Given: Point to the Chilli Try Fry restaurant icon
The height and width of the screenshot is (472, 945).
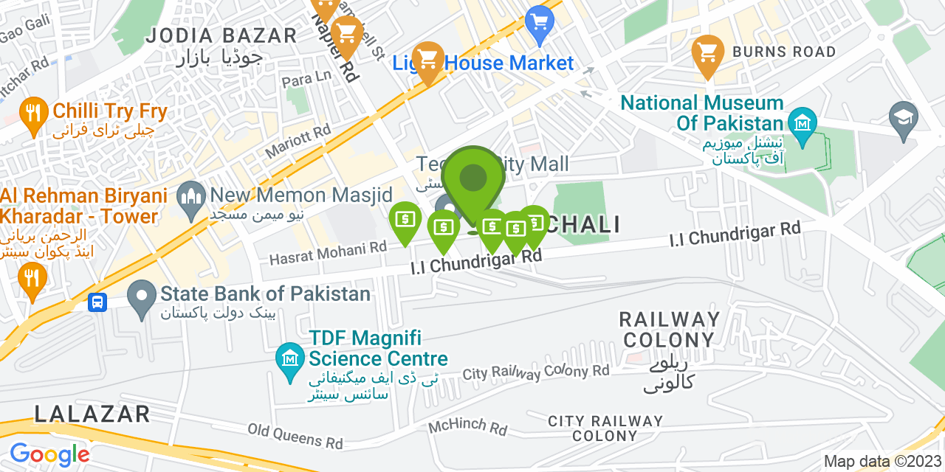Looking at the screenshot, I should coord(32,114).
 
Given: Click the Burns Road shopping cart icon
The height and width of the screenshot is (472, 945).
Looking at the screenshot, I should coord(708,53).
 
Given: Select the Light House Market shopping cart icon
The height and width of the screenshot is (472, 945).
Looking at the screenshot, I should coord(427,60).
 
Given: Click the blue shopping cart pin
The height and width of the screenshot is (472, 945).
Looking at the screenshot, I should coord(540,22).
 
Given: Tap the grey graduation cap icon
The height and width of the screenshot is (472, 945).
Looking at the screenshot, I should coord(903,118).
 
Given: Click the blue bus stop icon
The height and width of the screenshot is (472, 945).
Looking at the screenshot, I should coord(97,302).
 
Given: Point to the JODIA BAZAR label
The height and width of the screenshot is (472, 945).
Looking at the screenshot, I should coord(221,35).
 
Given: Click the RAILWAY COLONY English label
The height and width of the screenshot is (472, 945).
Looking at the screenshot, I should coord(669,330).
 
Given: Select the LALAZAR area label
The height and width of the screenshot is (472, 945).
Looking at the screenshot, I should coord(92,414).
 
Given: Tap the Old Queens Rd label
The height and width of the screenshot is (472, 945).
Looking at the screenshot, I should coord(295,436).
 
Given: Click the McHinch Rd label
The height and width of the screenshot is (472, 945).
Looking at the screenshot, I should coord(468,428).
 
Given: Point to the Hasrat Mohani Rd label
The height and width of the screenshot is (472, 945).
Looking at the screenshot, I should coord(328,254).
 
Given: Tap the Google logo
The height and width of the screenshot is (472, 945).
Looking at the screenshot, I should coord(49,454).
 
